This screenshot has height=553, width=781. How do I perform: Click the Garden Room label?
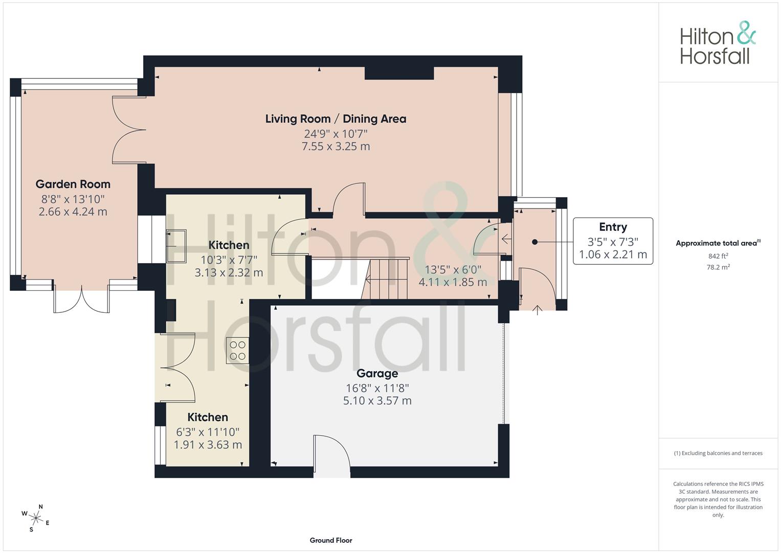click(73, 184)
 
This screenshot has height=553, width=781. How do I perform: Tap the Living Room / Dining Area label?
click(336, 119)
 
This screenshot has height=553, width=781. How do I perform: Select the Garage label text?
click(377, 374)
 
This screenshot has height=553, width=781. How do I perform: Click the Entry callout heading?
click(613, 227)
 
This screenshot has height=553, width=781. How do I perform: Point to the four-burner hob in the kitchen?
click(237, 351)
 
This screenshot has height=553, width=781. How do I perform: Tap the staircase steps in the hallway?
click(385, 278)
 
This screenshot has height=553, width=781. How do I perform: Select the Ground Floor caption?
click(331, 540)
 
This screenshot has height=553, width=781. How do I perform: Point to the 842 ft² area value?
click(718, 256)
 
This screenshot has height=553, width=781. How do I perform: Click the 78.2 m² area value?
click(718, 267)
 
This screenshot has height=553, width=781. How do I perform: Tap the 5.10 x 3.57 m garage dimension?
click(377, 400)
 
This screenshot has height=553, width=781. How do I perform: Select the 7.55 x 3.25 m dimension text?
click(336, 146)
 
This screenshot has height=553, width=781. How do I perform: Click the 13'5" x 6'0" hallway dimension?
click(453, 269)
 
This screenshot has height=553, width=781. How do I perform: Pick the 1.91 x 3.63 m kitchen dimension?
click(208, 445)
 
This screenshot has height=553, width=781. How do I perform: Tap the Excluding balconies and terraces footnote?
click(718, 453)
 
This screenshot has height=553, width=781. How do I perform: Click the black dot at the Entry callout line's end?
click(534, 242)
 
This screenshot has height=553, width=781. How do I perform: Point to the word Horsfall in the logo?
click(715, 56)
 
